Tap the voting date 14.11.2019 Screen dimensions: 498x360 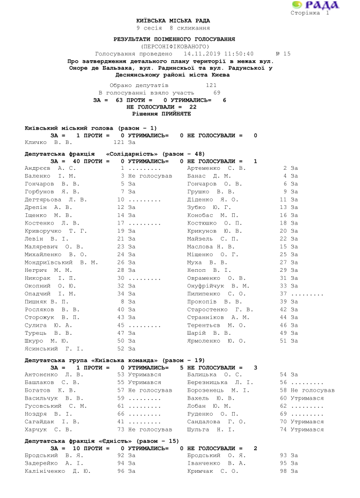(200, 54)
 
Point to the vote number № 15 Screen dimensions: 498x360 (283, 54)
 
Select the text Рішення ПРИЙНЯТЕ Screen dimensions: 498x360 (161, 114)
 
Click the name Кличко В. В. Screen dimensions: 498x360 (48, 142)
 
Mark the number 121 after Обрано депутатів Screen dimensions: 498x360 (211, 85)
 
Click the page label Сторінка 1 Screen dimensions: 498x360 (310, 13)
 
